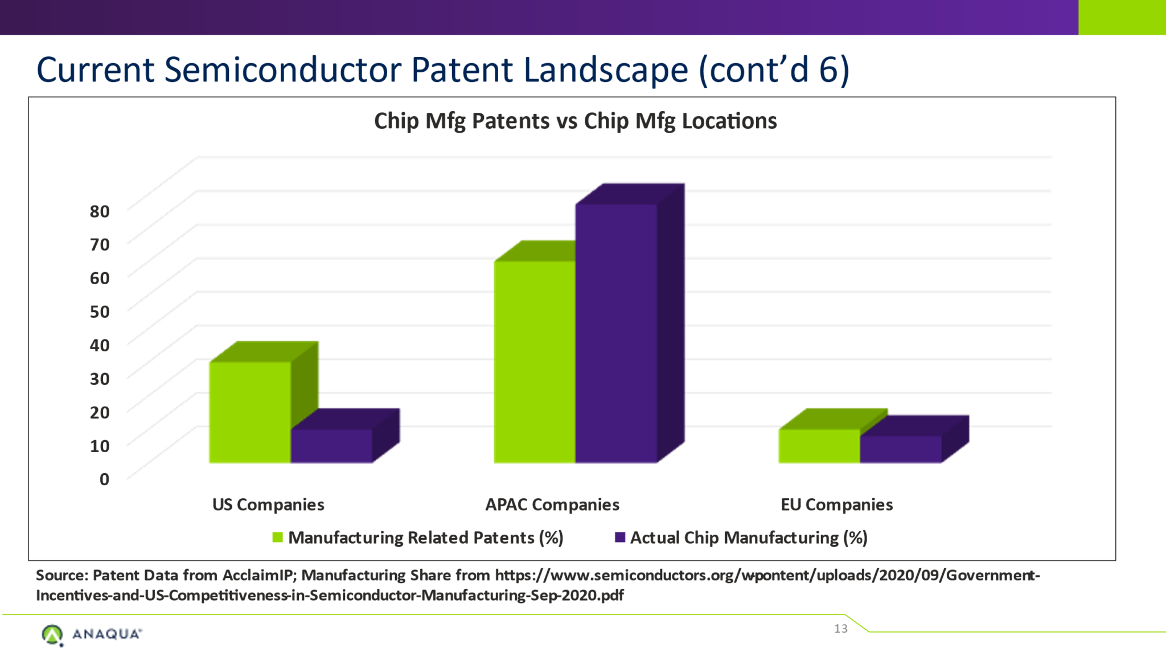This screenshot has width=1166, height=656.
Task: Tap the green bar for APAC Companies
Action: coord(535,361)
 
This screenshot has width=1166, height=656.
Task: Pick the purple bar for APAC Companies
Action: coord(616,333)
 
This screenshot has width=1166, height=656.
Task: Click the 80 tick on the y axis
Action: coord(100,211)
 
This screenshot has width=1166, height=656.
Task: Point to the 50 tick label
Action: coord(100,311)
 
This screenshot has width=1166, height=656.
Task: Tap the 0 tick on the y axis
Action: coord(104,479)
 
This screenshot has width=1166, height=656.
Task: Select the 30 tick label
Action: coord(100,379)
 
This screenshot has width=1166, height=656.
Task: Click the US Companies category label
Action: coord(268,505)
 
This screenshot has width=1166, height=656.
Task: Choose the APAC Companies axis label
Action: coord(552,505)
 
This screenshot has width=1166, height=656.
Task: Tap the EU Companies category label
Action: coord(836,505)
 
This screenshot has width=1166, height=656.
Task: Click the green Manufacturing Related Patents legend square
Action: coord(278,537)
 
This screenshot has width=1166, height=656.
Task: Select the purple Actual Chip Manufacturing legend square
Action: coord(620,537)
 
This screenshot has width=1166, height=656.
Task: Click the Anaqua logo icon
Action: coord(52,634)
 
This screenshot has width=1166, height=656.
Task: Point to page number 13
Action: coord(840,629)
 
